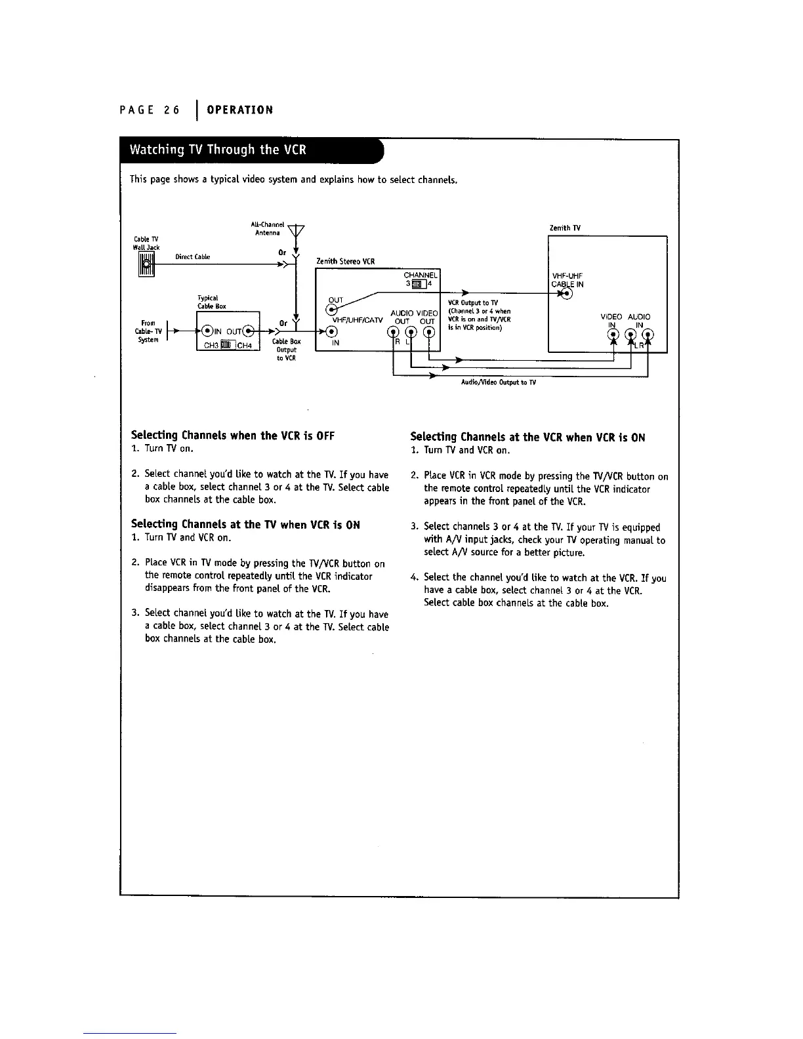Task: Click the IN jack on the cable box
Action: point(207,329)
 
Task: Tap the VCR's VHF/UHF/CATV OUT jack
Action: point(333,309)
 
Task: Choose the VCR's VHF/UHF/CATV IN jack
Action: point(333,331)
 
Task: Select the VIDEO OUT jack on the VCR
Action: point(428,331)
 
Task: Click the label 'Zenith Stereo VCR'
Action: point(345,261)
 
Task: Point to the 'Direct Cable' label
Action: point(192,256)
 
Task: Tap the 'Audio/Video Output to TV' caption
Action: point(499,382)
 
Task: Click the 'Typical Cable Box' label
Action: point(212,302)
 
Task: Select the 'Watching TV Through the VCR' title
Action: point(218,149)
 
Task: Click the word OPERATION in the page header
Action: point(239,110)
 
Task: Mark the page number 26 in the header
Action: point(172,110)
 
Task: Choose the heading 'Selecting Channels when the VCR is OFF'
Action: point(233,435)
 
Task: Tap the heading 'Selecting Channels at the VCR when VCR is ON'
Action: point(527,437)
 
